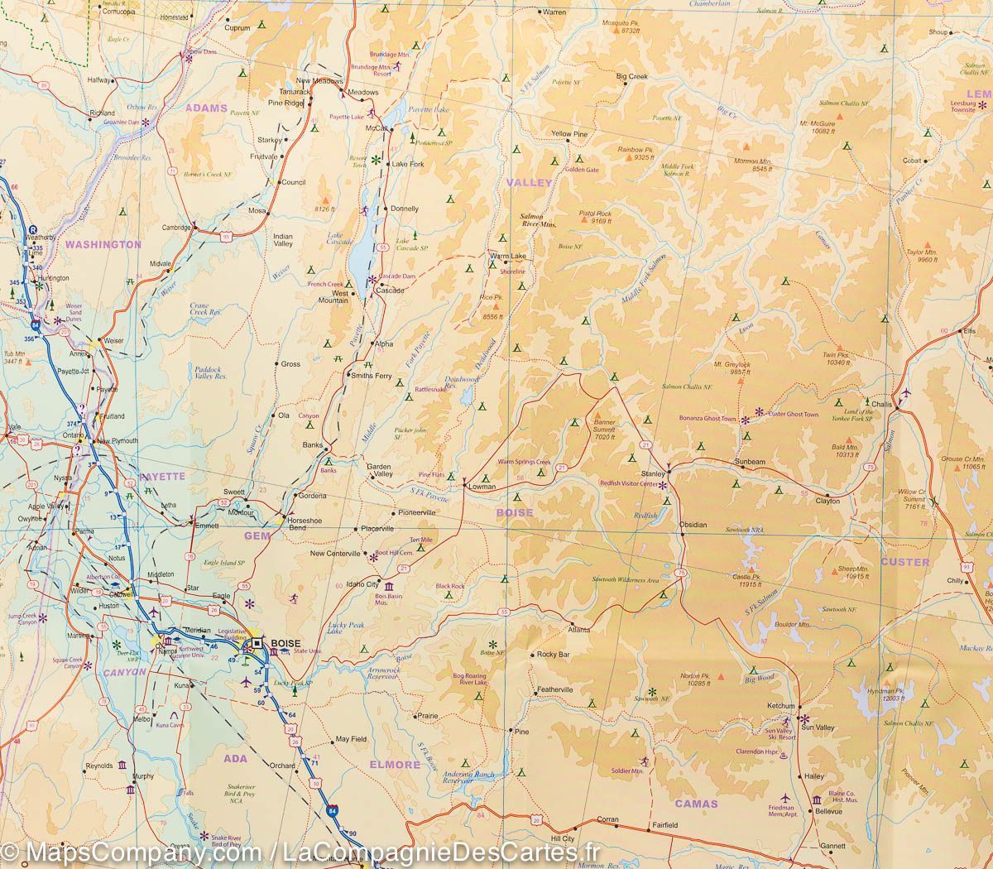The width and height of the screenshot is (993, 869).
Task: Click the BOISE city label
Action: (x=284, y=643)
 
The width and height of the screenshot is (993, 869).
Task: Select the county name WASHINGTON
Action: (x=103, y=244)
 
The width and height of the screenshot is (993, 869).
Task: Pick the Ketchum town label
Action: (x=780, y=706)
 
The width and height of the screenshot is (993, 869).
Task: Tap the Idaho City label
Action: (x=361, y=583)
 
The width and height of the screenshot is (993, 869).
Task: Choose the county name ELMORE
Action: (x=396, y=765)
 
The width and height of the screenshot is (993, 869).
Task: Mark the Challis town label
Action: (x=881, y=404)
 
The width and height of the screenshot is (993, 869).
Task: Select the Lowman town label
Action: (x=482, y=487)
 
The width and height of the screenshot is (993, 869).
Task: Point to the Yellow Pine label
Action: (x=569, y=134)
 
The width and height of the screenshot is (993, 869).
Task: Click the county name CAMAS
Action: (x=696, y=803)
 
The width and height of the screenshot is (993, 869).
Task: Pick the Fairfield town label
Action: (x=664, y=825)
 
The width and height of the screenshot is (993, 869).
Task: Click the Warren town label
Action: (x=554, y=12)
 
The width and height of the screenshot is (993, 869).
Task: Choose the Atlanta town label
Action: (x=578, y=629)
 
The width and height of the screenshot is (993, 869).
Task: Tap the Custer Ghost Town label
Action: (x=793, y=414)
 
